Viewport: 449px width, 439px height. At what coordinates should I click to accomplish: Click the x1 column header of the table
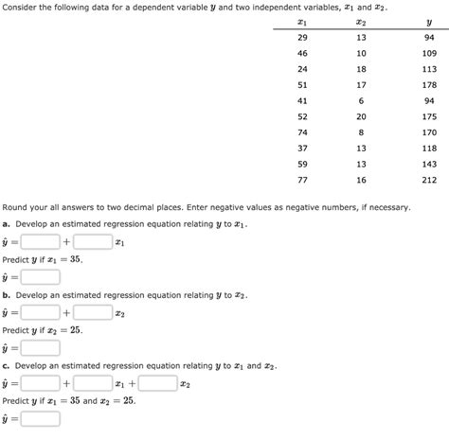303,20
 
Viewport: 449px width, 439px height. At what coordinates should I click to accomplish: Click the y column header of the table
428,20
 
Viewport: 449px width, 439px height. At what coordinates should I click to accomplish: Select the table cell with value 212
429,180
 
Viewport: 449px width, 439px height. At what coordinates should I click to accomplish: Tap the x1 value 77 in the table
303,180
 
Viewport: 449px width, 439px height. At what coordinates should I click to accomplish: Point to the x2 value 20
361,115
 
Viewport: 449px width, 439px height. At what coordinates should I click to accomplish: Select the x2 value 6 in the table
361,99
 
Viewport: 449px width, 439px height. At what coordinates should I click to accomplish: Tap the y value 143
429,164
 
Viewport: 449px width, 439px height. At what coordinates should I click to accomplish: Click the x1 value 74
303,132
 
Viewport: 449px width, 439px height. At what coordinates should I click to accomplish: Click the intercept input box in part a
40,242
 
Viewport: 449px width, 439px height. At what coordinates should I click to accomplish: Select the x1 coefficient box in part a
92,242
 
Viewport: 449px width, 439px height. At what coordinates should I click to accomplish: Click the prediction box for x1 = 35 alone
40,277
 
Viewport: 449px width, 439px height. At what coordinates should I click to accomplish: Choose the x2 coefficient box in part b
93,312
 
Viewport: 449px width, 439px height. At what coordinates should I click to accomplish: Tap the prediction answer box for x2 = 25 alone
40,347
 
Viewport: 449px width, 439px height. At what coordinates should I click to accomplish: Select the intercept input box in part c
40,383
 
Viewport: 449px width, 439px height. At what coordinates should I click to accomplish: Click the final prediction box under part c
40,418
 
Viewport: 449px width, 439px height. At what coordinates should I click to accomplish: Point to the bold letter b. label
6,294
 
